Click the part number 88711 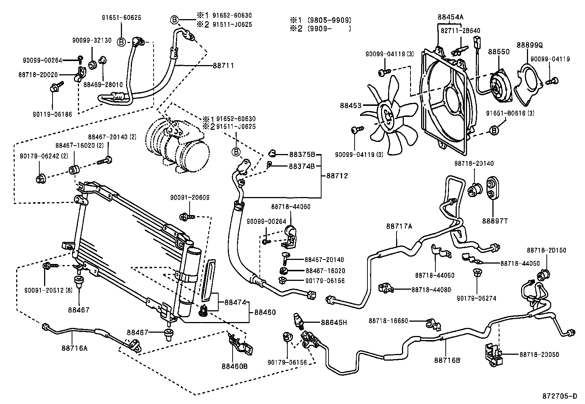pyautogui.click(x=223, y=66)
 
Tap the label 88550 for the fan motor pyautogui.click(x=499, y=52)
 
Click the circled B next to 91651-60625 pyautogui.click(x=121, y=42)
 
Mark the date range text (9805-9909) pyautogui.click(x=329, y=20)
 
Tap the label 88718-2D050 pyautogui.click(x=539, y=355)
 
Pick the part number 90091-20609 pyautogui.click(x=190, y=198)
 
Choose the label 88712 pyautogui.click(x=337, y=176)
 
